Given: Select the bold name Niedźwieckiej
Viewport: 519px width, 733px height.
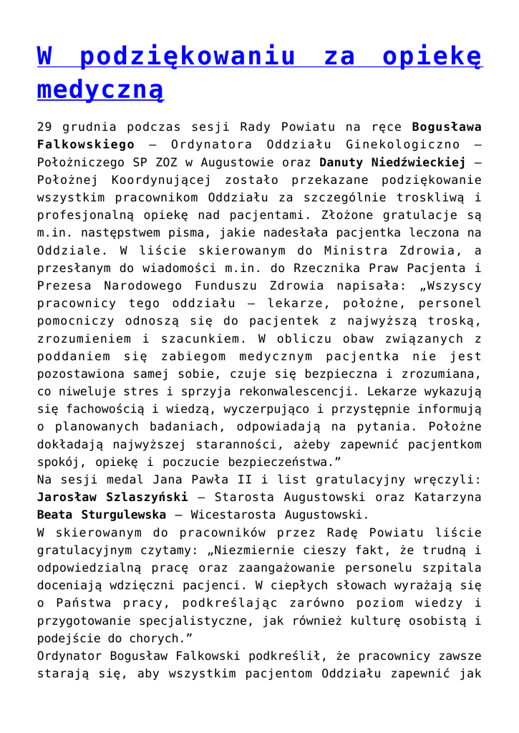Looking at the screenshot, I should click(392, 161).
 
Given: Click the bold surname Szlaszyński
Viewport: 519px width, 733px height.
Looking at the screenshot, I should click(148, 496).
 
